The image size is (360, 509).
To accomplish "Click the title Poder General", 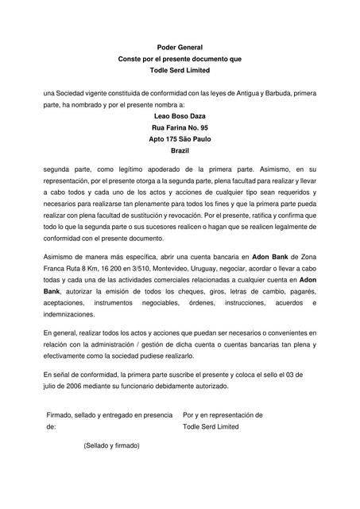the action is (x=180, y=48).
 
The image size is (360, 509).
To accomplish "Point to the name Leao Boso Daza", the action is (x=180, y=116).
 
